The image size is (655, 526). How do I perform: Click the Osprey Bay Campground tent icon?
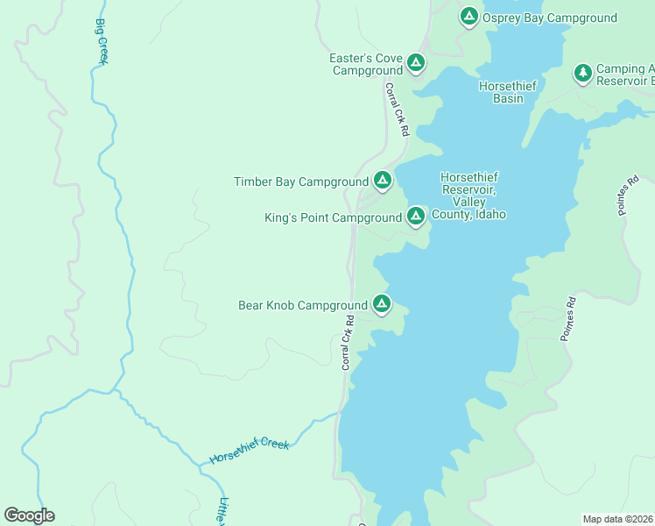point(468,16)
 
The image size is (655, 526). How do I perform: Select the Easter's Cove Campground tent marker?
point(416,63)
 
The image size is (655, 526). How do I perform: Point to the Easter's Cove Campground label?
point(366,64)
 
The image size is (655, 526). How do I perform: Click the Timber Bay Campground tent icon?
point(382,181)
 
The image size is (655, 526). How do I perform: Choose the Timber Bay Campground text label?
point(301,182)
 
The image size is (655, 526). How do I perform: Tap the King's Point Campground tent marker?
point(415,215)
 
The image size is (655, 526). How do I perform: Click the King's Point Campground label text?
point(333,217)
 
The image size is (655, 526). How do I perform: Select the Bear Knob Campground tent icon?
point(381,303)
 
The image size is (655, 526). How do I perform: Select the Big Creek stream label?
point(101,40)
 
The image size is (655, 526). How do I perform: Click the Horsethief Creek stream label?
point(250,451)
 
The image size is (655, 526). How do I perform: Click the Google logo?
point(29,515)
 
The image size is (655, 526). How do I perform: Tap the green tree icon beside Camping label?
point(582,73)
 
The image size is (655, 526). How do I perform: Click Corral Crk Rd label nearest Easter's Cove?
point(397,109)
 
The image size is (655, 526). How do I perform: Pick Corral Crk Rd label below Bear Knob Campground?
point(348,343)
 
